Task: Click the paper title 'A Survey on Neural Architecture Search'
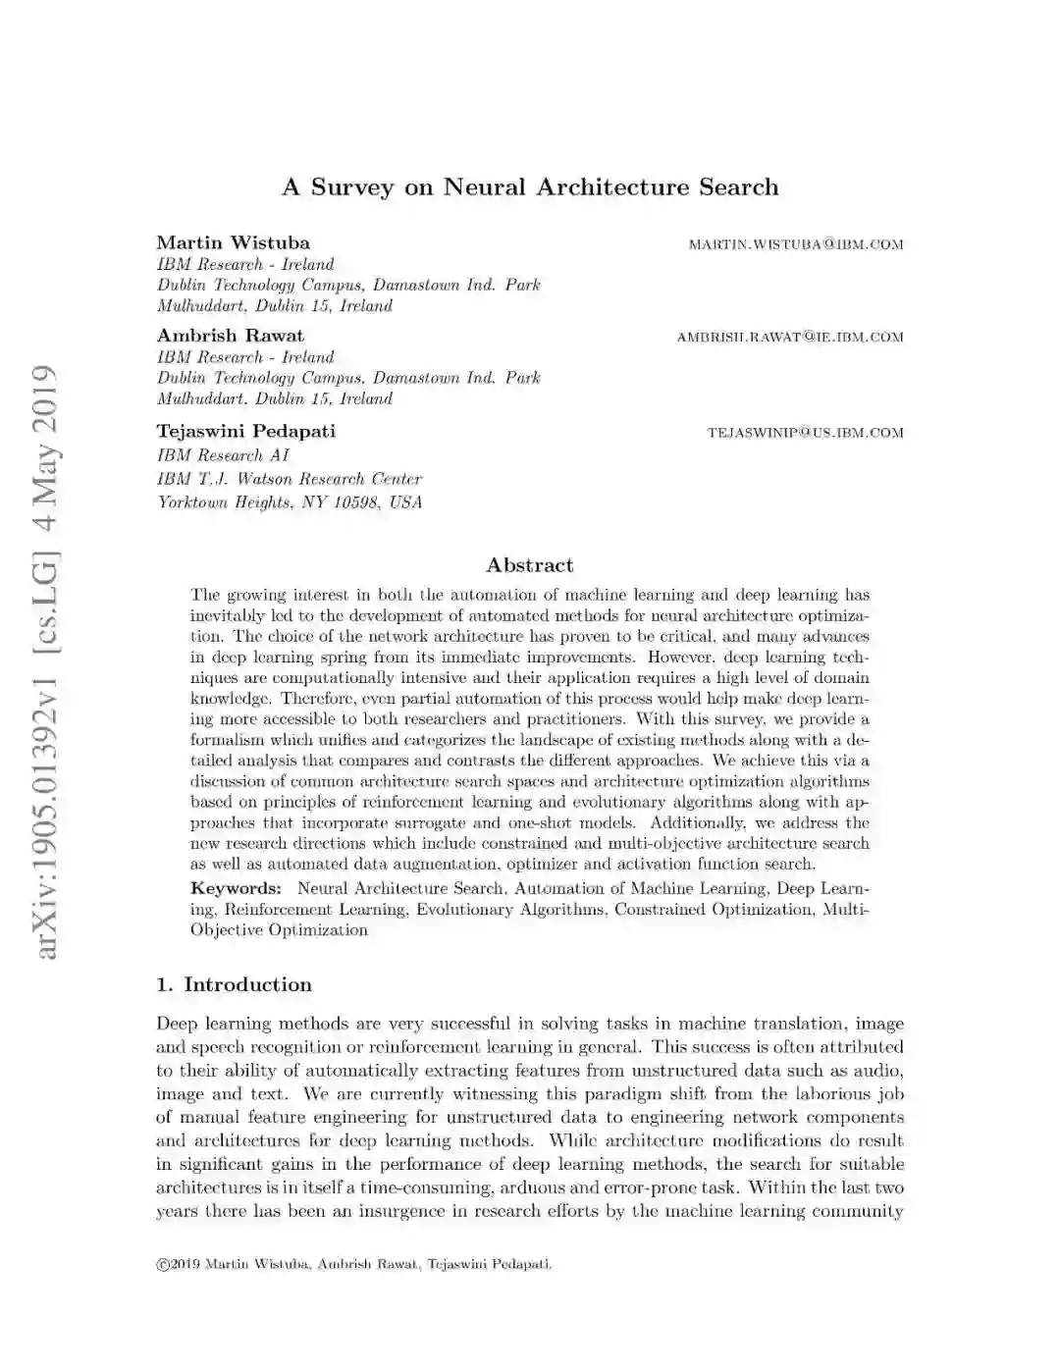530,187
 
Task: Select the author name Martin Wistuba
233,242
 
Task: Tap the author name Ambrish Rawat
230,336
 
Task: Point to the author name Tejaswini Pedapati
245,431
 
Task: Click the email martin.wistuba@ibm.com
795,244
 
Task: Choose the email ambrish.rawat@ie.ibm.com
789,338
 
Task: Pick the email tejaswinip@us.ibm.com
805,433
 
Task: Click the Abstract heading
530,565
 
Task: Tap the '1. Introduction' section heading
234,984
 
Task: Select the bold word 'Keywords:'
236,888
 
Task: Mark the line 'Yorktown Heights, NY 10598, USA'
290,502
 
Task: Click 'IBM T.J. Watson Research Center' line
290,479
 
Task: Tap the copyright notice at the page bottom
353,1264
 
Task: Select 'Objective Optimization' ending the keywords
279,929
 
